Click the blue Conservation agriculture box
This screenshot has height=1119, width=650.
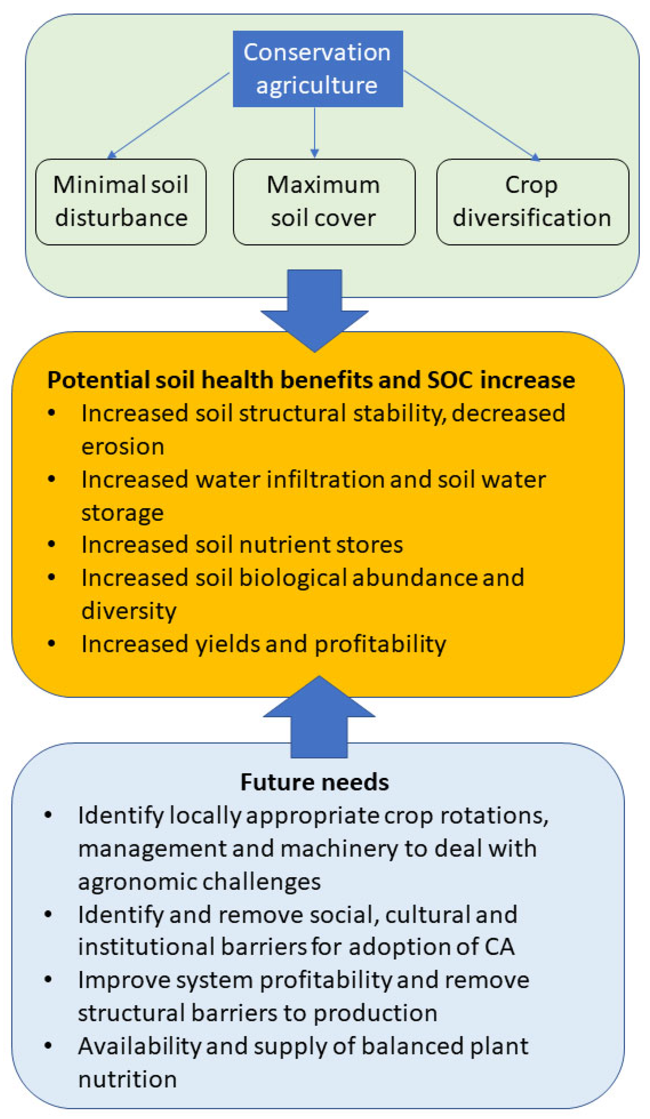pyautogui.click(x=318, y=69)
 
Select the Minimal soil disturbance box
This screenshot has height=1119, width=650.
pyautogui.click(x=121, y=202)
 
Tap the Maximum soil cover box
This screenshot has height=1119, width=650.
pyautogui.click(x=324, y=202)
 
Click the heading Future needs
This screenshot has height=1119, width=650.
pyautogui.click(x=315, y=782)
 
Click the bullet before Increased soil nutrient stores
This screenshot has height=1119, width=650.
pyautogui.click(x=51, y=544)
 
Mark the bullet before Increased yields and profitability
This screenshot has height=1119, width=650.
pyautogui.click(x=51, y=643)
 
